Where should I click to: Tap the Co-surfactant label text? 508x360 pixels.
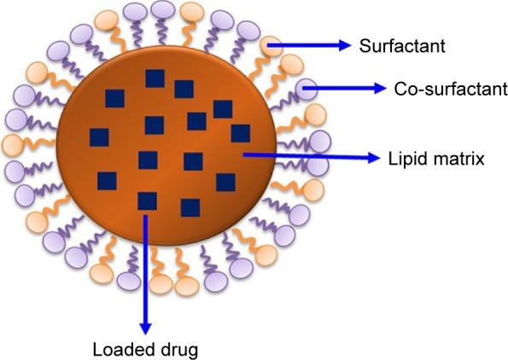[439, 89]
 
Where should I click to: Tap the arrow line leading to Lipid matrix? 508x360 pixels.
[307, 156]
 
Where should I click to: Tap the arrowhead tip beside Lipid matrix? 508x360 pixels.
[377, 157]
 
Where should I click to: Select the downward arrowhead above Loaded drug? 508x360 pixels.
[146, 328]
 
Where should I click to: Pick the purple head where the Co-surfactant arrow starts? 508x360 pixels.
[308, 87]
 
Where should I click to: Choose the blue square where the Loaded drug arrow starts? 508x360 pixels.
[147, 201]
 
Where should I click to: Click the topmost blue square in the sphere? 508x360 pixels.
[155, 78]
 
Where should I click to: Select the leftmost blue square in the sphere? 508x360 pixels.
[99, 137]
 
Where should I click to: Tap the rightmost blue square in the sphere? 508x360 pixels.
[240, 133]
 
